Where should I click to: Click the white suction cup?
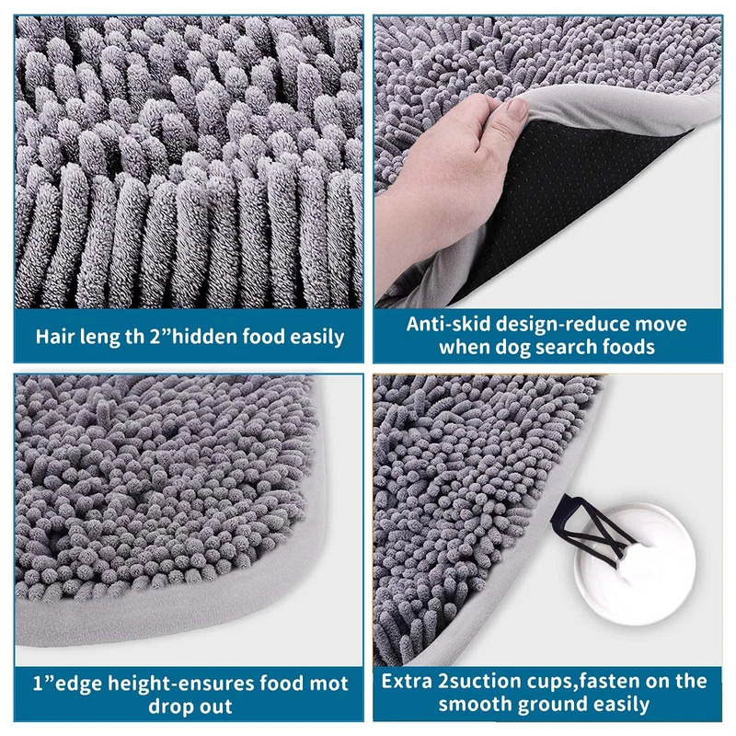pos(635,564)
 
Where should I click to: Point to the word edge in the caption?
pos(77,684)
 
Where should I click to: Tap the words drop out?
pos(190,707)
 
